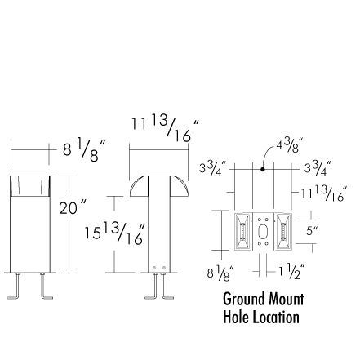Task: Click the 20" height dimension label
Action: (x=73, y=207)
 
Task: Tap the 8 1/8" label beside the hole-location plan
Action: (x=220, y=273)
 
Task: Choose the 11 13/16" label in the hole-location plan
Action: (x=324, y=193)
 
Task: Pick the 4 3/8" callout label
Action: (x=290, y=145)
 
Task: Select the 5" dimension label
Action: (x=312, y=231)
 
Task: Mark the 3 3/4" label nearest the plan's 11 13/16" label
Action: (x=318, y=168)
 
